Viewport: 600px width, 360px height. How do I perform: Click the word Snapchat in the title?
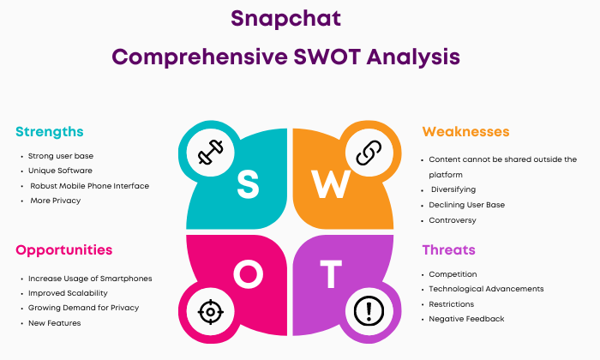285,19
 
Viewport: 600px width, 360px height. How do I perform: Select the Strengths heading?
50,132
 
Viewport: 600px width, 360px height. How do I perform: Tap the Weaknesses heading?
465,132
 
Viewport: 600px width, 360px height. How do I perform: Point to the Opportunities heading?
64,250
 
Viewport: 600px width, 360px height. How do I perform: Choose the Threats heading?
448,249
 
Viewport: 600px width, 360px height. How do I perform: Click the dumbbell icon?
211,153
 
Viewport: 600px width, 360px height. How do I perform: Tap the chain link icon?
369,153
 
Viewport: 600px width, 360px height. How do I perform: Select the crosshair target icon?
211,312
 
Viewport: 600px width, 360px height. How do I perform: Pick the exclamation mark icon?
369,311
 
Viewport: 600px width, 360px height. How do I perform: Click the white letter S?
248,184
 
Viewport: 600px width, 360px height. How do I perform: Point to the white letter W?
331,184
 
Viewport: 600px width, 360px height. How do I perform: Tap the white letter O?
249,274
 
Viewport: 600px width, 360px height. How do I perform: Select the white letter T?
331,274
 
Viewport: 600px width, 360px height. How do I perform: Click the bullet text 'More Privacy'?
56,201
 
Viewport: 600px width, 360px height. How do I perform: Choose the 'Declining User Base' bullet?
466,205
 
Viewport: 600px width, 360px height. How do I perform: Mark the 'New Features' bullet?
54,323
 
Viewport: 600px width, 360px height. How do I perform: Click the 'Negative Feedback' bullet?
466,319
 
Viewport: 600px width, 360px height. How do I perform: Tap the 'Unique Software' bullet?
60,171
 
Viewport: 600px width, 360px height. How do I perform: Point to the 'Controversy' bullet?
453,220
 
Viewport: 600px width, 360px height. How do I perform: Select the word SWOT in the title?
327,57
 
